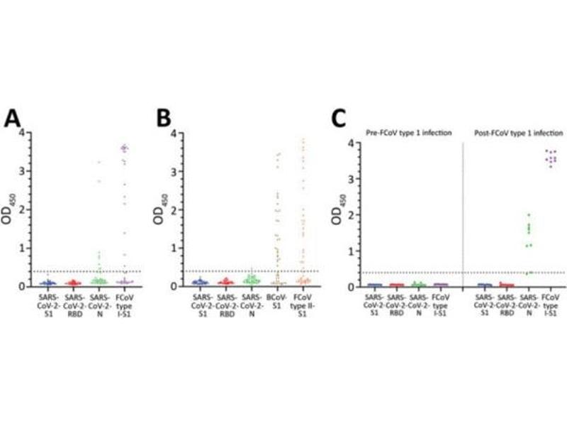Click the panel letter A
point(12,119)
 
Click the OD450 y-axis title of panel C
point(337,214)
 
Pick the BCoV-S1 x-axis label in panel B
point(278,302)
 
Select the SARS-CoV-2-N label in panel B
point(252,306)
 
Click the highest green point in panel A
point(99,163)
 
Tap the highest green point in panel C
point(527,215)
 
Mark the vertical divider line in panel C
point(462,213)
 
